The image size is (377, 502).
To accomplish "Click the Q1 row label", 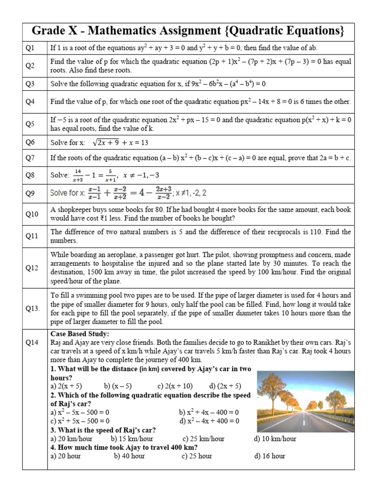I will [x=30, y=48].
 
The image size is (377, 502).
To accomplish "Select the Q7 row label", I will [x=30, y=158].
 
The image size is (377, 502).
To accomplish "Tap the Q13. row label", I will [x=32, y=308].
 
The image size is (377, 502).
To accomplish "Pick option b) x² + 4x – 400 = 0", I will [x=209, y=412].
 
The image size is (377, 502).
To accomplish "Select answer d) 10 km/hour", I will [x=275, y=439].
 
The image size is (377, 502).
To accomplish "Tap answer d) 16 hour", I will [x=269, y=456].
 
